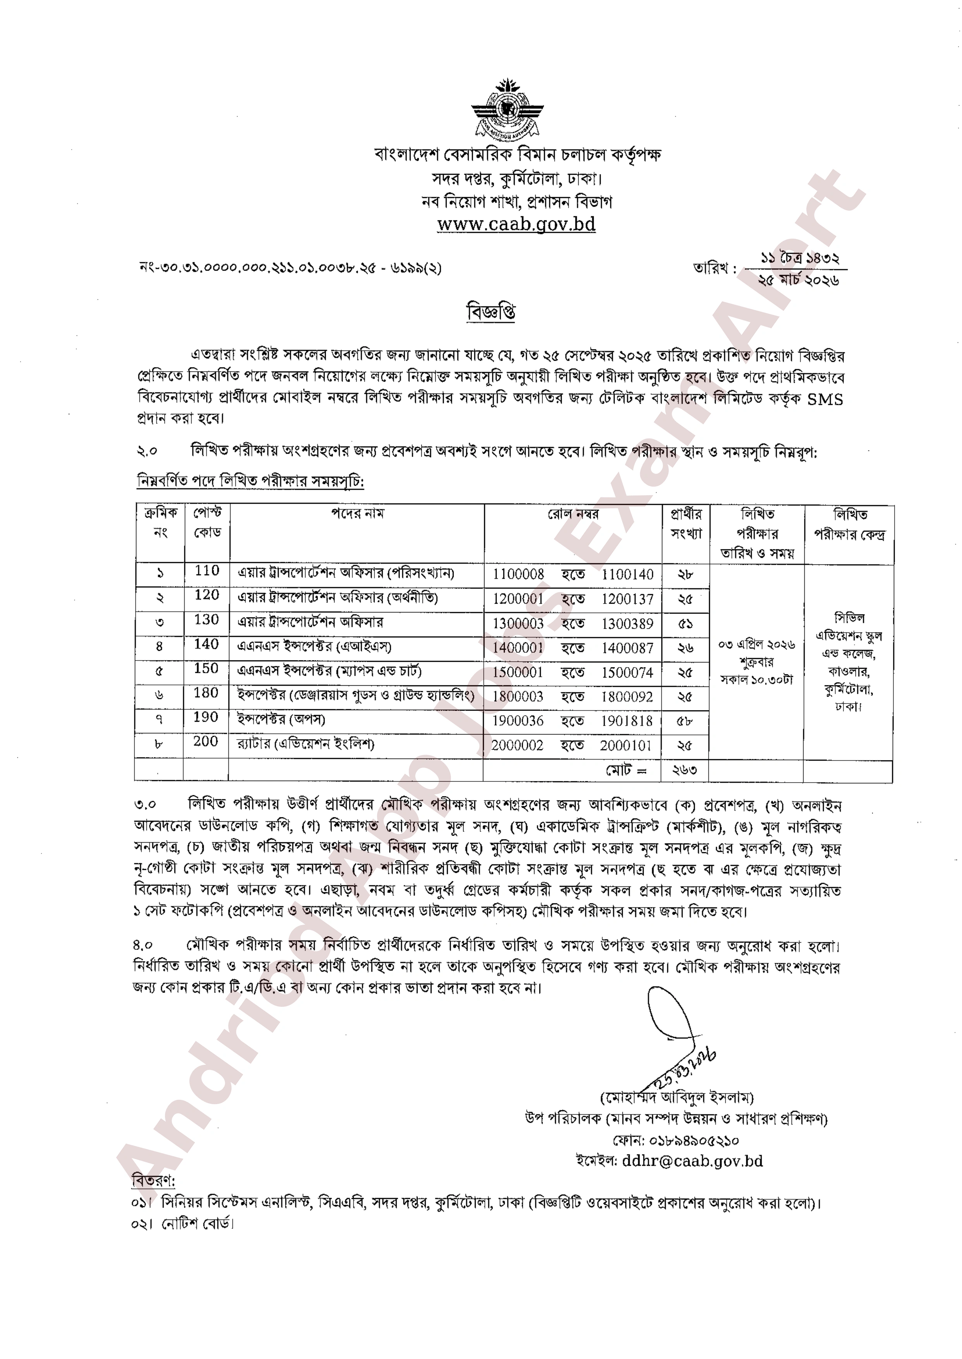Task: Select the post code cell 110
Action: (207, 571)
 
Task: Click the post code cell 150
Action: (207, 668)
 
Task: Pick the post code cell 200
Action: (206, 741)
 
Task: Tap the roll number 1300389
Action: (627, 623)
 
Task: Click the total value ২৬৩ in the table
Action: (684, 770)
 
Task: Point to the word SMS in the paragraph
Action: (825, 399)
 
